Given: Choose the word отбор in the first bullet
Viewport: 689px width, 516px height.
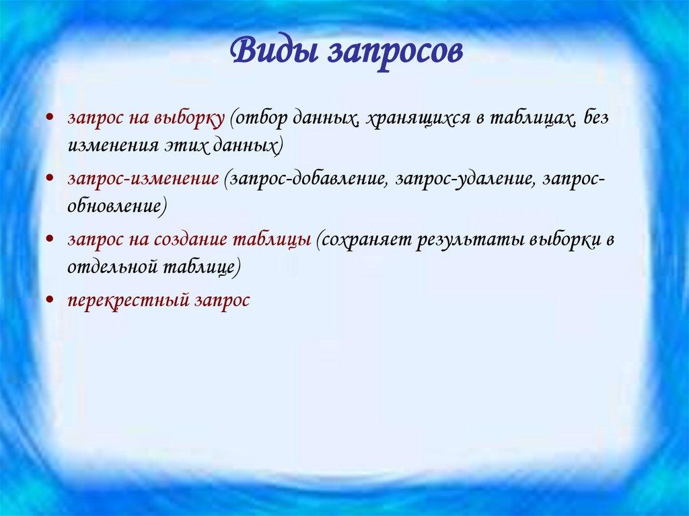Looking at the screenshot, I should click(258, 118).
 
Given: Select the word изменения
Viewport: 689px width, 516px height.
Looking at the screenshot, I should click(105, 144).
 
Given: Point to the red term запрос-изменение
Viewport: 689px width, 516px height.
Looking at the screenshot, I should click(142, 180).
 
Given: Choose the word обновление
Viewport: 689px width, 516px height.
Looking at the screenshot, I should click(114, 205).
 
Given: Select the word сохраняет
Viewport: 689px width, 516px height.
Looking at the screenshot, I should click(364, 240).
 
